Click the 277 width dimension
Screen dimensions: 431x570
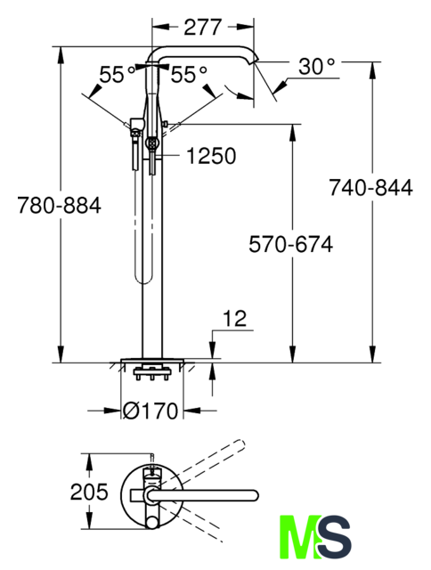point(202,28)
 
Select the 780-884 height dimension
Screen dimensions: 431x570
point(60,206)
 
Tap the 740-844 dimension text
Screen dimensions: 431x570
point(370,188)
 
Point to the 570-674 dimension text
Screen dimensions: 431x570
point(290,244)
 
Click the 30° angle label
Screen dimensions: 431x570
point(316,67)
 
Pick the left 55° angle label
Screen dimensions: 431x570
point(118,75)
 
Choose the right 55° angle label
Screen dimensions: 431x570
point(189,75)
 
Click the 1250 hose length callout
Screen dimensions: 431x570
point(211,156)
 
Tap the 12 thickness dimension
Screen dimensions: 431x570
point(235,319)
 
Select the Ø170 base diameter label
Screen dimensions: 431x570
point(150,411)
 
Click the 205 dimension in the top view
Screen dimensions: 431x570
point(89,492)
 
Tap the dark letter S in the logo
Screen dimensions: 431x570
point(334,536)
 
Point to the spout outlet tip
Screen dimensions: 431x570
point(253,61)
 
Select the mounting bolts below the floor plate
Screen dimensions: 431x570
point(152,374)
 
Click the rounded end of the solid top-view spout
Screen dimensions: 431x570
point(255,495)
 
